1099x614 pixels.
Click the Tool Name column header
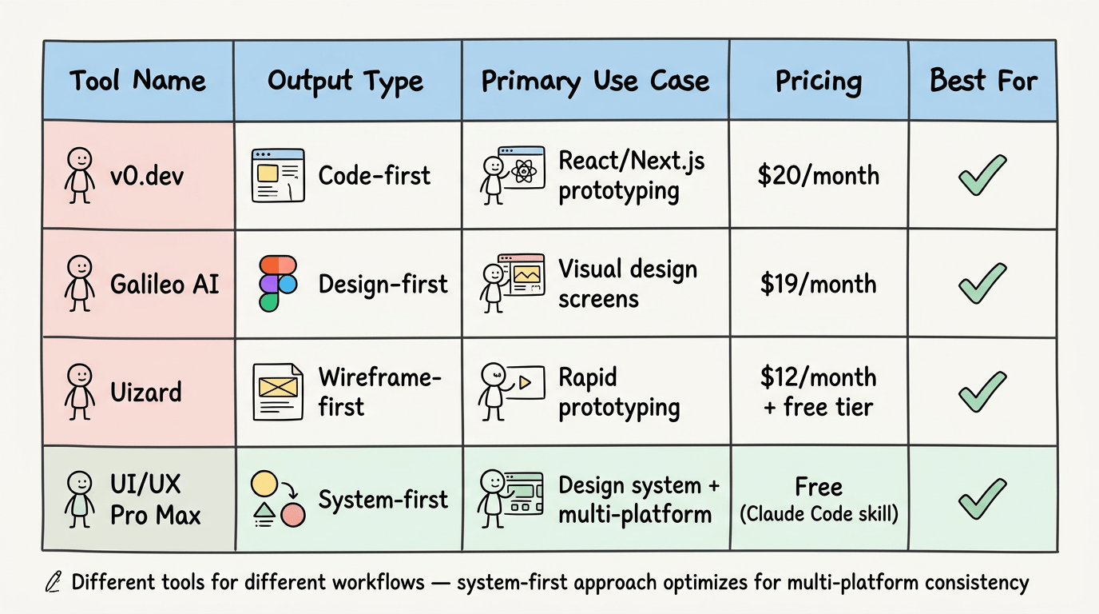point(137,81)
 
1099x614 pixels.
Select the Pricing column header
point(819,81)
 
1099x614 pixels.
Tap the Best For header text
point(983,81)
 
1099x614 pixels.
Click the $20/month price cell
point(819,175)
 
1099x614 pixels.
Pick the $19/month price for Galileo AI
point(819,284)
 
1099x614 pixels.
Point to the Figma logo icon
point(277,284)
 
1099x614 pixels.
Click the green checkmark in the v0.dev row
point(982,175)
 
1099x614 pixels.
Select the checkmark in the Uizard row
point(982,392)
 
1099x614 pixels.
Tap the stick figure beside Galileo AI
point(80,284)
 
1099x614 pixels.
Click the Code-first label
point(374,175)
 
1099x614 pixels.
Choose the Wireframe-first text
point(379,392)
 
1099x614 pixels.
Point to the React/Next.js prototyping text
point(631,176)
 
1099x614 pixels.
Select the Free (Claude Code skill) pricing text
point(819,500)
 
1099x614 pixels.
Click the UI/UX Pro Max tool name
point(155,500)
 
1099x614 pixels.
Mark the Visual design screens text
point(627,284)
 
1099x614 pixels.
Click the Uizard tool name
point(146,392)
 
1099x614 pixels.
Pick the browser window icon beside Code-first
point(277,175)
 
